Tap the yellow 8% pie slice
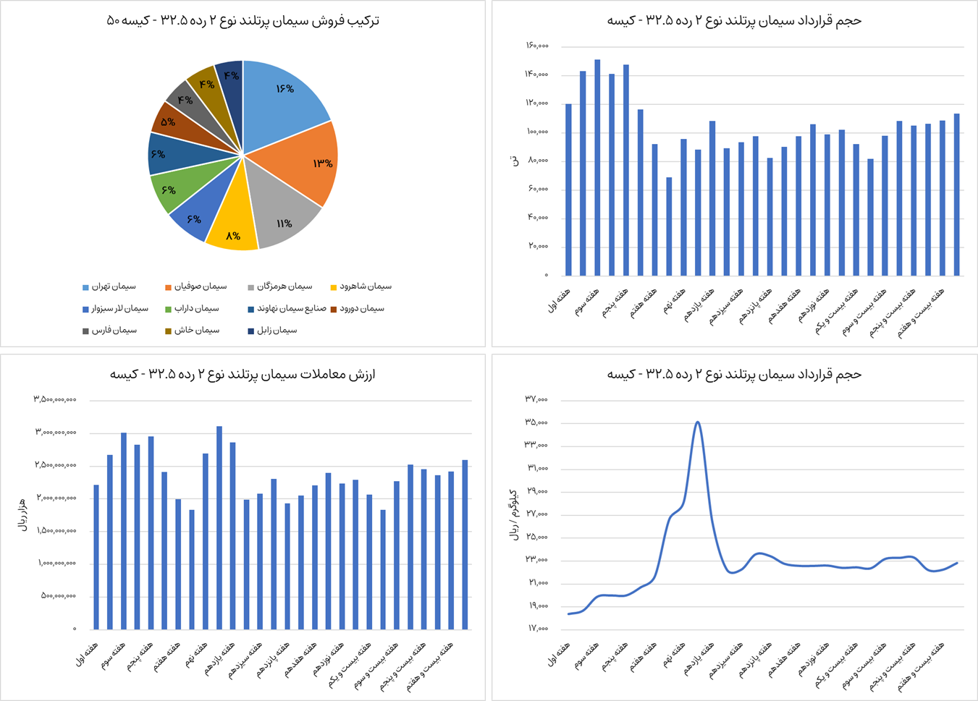232,231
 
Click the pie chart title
243,20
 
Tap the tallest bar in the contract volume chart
597,166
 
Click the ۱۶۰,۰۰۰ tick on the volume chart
536,46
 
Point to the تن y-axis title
515,161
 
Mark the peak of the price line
697,422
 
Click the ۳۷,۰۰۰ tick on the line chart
536,399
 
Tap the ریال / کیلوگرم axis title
514,514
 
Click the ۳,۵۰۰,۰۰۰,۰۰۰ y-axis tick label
54,399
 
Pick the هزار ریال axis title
22,514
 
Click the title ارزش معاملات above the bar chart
243,374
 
